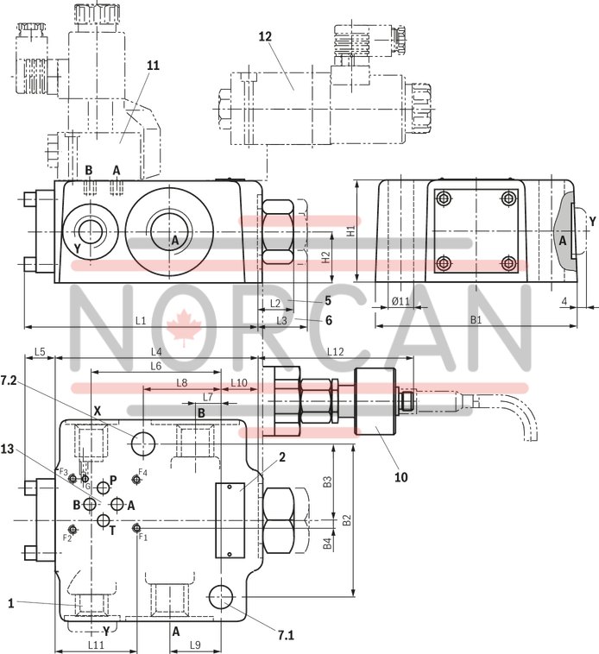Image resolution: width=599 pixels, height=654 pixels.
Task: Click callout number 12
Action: click(265, 36)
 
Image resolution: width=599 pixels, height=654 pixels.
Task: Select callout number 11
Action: click(153, 66)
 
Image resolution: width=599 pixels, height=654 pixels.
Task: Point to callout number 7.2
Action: click(33, 380)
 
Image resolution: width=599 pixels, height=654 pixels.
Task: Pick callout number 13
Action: click(32, 449)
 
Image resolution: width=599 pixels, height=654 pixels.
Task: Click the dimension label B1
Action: click(476, 320)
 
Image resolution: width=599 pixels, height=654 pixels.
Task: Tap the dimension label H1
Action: click(350, 230)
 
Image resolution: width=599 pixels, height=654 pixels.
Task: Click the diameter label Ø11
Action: click(400, 301)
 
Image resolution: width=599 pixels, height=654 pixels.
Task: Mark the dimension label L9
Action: click(195, 645)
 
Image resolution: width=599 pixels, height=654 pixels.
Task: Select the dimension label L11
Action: click(96, 645)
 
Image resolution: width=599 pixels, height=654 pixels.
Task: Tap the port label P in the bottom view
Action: click(113, 481)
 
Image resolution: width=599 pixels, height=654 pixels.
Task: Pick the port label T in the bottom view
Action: click(112, 529)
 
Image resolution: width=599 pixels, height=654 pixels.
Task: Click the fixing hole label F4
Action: click(143, 473)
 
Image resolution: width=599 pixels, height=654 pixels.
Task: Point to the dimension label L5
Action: click(40, 351)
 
